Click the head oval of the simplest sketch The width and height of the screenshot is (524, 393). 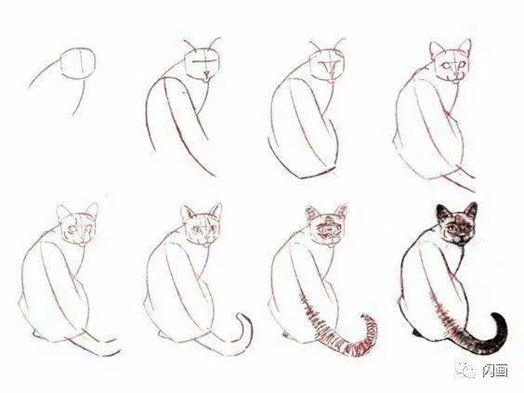[61, 63]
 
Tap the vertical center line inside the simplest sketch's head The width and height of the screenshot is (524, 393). [81, 63]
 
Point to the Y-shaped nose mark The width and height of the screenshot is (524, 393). [207, 74]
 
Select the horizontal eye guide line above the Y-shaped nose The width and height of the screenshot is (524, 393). [204, 61]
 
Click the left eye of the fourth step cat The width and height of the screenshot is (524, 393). [446, 65]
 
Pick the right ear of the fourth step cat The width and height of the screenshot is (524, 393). [465, 46]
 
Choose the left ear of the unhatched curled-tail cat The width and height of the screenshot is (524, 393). [187, 213]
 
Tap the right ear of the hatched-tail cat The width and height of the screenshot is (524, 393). [341, 211]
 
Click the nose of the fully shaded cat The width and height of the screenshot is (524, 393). [461, 238]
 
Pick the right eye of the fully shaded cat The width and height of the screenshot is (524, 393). [466, 228]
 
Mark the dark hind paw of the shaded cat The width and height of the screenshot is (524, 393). [416, 333]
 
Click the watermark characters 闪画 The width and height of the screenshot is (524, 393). [495, 371]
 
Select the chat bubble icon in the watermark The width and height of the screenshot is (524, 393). [466, 370]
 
